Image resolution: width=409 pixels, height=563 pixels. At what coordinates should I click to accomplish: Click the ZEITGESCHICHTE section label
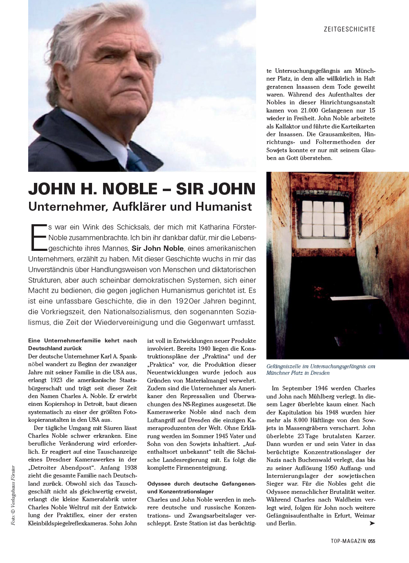(349, 29)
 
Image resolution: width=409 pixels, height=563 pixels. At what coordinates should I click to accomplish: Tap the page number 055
(371, 541)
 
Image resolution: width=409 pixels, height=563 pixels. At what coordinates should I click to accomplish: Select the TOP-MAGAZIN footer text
(348, 541)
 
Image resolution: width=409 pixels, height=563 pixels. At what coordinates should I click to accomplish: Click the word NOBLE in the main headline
(130, 189)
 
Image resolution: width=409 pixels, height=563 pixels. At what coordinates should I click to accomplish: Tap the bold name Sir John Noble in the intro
(157, 248)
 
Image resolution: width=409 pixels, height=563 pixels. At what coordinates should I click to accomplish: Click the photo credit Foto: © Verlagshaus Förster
(13, 495)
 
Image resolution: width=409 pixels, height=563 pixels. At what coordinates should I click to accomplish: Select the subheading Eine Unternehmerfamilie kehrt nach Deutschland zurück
(82, 344)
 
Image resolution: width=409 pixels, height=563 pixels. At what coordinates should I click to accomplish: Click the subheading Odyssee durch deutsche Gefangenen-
(201, 484)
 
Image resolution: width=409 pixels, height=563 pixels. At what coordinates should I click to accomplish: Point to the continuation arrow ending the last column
(371, 523)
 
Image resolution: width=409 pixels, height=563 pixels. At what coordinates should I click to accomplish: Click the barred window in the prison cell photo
(323, 218)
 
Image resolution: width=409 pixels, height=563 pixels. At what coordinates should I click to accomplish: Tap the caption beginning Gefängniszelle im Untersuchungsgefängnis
(321, 369)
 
